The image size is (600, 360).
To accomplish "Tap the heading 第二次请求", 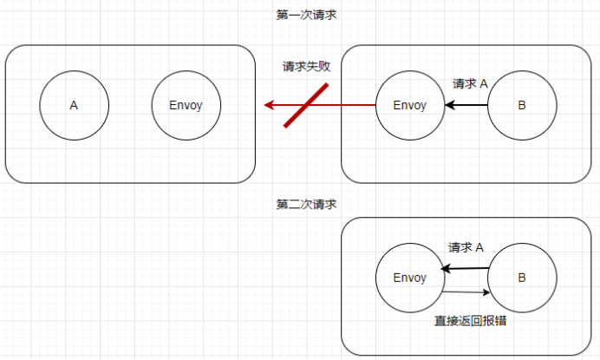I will (305, 205).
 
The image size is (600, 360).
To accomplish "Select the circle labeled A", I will (74, 106).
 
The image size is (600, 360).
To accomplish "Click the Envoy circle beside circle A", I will (186, 106).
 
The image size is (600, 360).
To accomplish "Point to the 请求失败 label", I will (306, 67).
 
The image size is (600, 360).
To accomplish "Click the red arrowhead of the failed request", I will (270, 106).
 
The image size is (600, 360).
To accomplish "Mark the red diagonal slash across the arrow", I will (307, 105).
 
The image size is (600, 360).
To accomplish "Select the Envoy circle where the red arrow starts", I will (409, 106).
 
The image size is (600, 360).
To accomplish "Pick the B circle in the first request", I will (521, 106).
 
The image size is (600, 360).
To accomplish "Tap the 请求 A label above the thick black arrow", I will (470, 83).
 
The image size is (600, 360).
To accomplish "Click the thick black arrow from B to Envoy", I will (468, 106).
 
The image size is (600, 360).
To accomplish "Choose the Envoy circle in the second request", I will (409, 278).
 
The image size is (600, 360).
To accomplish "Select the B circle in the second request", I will (521, 278).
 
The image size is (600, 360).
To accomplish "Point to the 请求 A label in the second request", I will (466, 247).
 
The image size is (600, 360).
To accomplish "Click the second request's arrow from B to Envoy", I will (468, 269).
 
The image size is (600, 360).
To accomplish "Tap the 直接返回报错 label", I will (471, 320).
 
